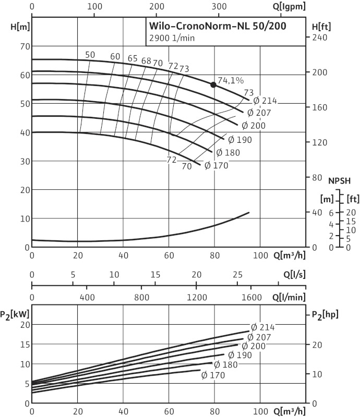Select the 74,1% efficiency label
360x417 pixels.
(231, 80)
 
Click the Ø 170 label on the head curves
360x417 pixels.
(214, 166)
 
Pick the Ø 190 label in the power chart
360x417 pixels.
(240, 355)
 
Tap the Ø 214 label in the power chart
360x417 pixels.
(262, 327)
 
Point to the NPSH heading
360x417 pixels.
(339, 181)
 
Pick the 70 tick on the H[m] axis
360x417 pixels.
(23, 46)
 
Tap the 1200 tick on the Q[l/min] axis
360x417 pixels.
(197, 298)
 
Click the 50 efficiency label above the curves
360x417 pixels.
(90, 55)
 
